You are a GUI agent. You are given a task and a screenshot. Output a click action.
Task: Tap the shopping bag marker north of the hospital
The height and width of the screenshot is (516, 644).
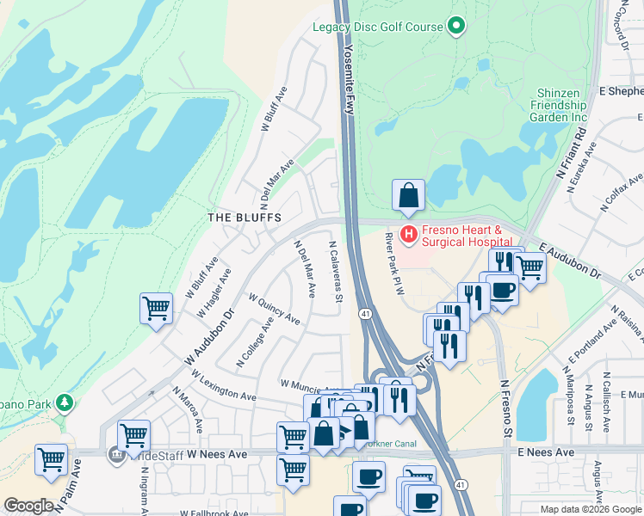pos(408,196)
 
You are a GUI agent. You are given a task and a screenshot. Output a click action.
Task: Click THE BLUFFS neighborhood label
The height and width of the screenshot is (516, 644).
pos(245,218)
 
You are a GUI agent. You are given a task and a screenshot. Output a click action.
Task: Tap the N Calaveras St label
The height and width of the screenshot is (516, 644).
pos(336,271)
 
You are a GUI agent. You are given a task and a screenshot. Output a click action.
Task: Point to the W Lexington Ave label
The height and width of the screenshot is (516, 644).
pos(225,387)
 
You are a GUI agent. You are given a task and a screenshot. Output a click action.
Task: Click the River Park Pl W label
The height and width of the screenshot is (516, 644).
pos(394,266)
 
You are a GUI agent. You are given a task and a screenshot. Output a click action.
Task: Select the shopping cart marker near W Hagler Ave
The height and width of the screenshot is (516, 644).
pos(157,307)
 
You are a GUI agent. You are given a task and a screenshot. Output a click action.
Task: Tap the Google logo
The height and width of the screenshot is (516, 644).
pos(29,506)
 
